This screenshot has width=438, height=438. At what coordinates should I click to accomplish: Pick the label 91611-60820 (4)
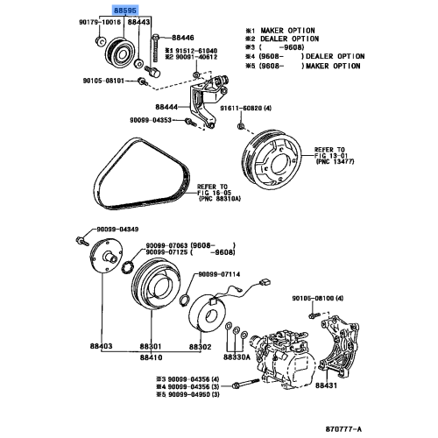(x=250, y=108)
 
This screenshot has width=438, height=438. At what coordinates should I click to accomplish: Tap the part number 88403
(x=101, y=348)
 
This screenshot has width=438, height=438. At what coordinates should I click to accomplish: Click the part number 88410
(x=152, y=357)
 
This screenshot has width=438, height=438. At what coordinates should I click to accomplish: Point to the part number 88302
(x=201, y=348)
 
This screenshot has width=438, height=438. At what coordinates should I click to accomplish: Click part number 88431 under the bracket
(x=327, y=385)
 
